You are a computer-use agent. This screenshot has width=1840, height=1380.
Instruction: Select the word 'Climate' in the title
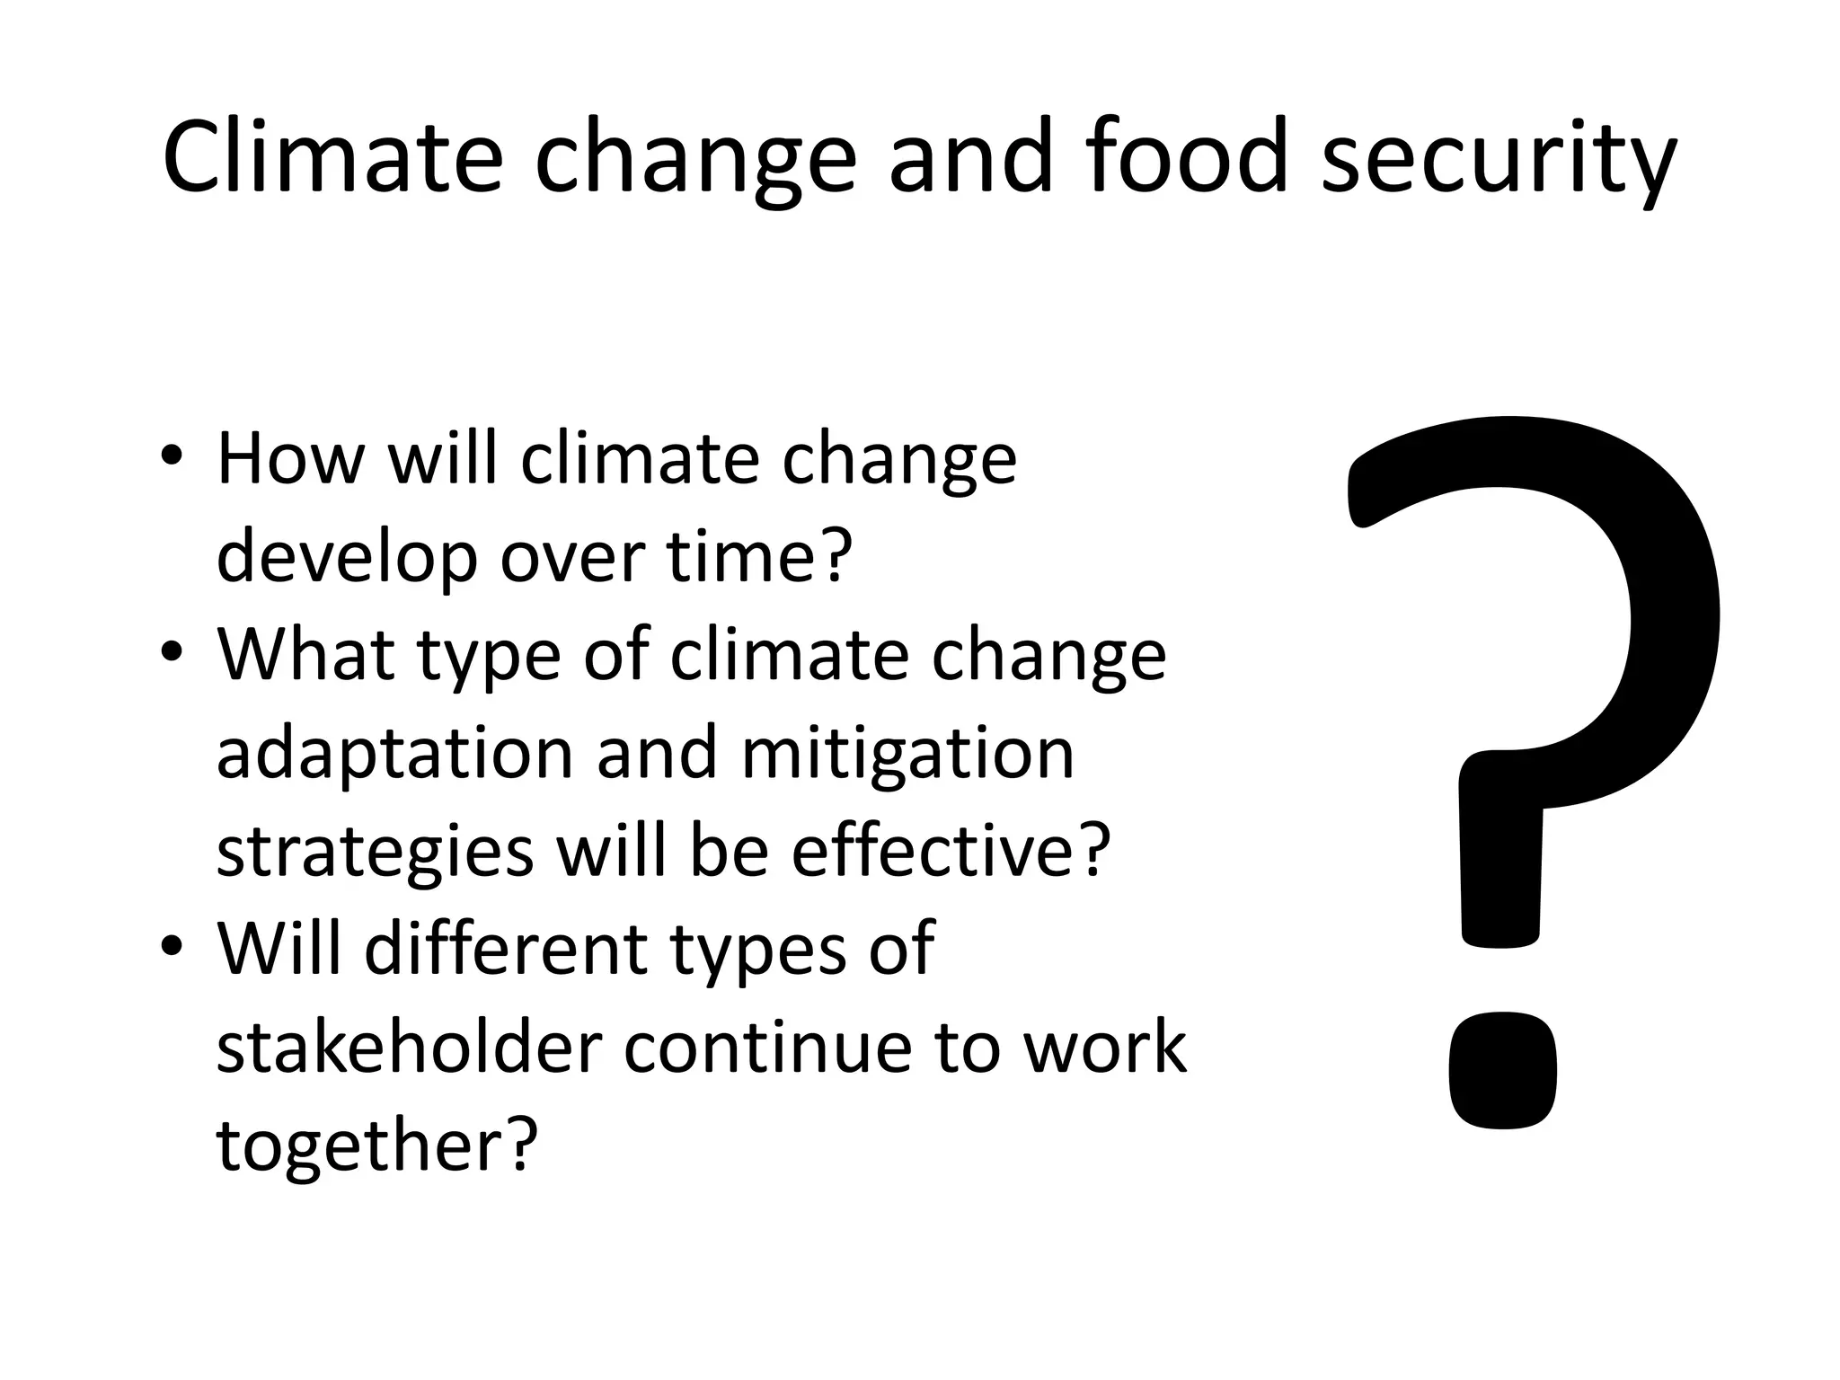click(332, 157)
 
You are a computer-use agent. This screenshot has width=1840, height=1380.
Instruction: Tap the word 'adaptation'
click(395, 755)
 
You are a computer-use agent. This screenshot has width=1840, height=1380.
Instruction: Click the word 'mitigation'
click(907, 755)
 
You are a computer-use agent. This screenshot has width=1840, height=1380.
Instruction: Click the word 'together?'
click(377, 1146)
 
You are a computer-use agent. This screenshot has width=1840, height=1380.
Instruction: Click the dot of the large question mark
click(1502, 1071)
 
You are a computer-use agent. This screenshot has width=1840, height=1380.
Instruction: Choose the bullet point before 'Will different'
click(172, 949)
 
